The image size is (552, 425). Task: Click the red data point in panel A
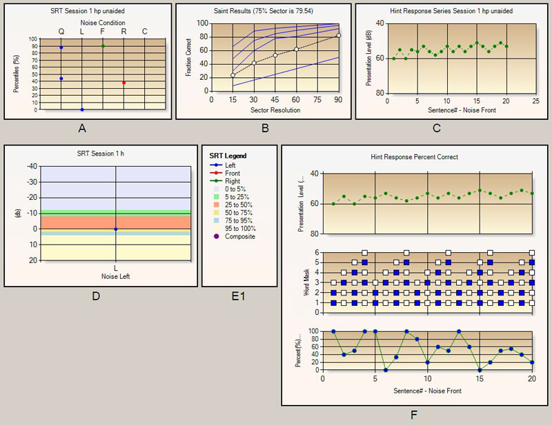pyautogui.click(x=124, y=83)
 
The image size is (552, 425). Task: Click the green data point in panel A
pyautogui.click(x=103, y=46)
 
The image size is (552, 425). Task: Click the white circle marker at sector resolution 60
pyautogui.click(x=296, y=50)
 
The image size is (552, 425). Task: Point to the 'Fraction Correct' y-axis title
pyautogui.click(x=188, y=56)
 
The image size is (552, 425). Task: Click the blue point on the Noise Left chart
pyautogui.click(x=115, y=229)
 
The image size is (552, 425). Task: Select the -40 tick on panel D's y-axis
pyautogui.click(x=31, y=166)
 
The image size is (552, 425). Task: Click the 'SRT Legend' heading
pyautogui.click(x=228, y=156)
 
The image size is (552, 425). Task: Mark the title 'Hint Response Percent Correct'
pyautogui.click(x=414, y=157)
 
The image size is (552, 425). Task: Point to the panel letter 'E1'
pyautogui.click(x=238, y=296)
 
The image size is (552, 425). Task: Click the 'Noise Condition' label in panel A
pyautogui.click(x=103, y=22)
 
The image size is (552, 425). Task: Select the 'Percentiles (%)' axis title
pyautogui.click(x=14, y=74)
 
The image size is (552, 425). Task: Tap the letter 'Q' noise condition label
pyautogui.click(x=61, y=32)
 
